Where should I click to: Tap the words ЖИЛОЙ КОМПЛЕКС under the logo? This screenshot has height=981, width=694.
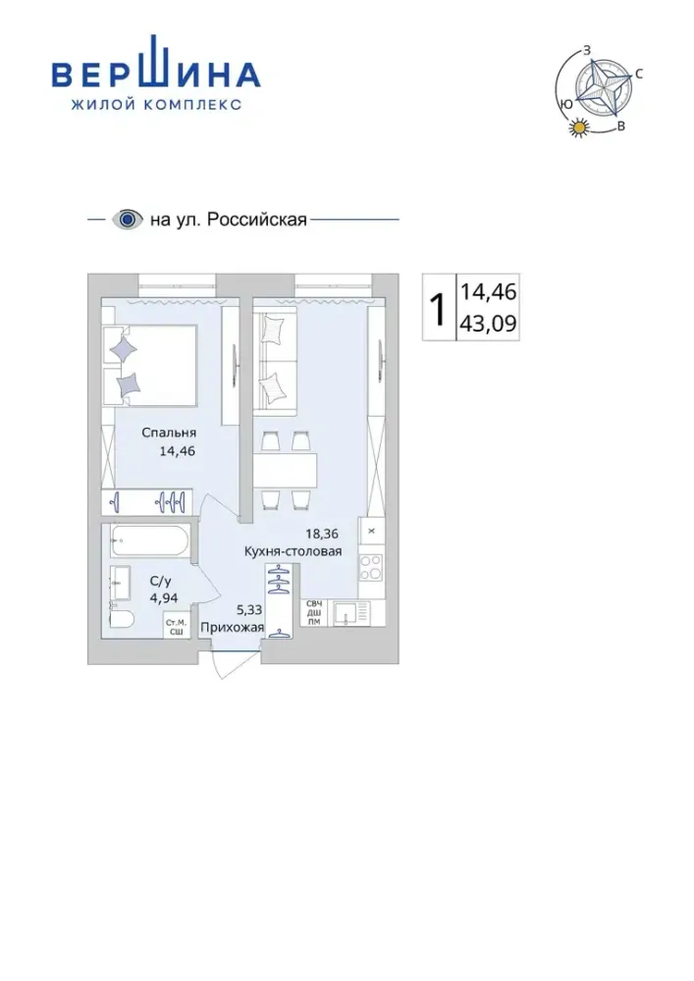point(156,105)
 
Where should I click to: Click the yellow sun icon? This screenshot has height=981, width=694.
point(579,128)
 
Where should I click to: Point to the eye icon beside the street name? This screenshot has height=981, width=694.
point(128,220)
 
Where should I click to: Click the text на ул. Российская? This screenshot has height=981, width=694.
point(229,220)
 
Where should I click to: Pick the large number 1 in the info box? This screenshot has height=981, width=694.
point(439,308)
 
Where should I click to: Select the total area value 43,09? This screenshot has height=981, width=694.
point(488,324)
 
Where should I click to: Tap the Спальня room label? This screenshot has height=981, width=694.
point(169,433)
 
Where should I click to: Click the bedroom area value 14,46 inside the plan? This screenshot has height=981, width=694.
point(178,450)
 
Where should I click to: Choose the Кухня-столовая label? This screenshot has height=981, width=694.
point(293,551)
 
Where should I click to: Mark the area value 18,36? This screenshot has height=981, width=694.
point(322,534)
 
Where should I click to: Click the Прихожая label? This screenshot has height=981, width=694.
point(233,628)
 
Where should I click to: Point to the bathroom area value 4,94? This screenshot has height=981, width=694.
point(163,597)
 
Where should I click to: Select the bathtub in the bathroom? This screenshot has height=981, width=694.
point(149,541)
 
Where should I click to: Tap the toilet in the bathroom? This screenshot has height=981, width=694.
point(122,619)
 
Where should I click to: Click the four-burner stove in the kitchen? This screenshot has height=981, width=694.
point(370,567)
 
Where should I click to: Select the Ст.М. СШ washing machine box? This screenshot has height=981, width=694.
point(177,626)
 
